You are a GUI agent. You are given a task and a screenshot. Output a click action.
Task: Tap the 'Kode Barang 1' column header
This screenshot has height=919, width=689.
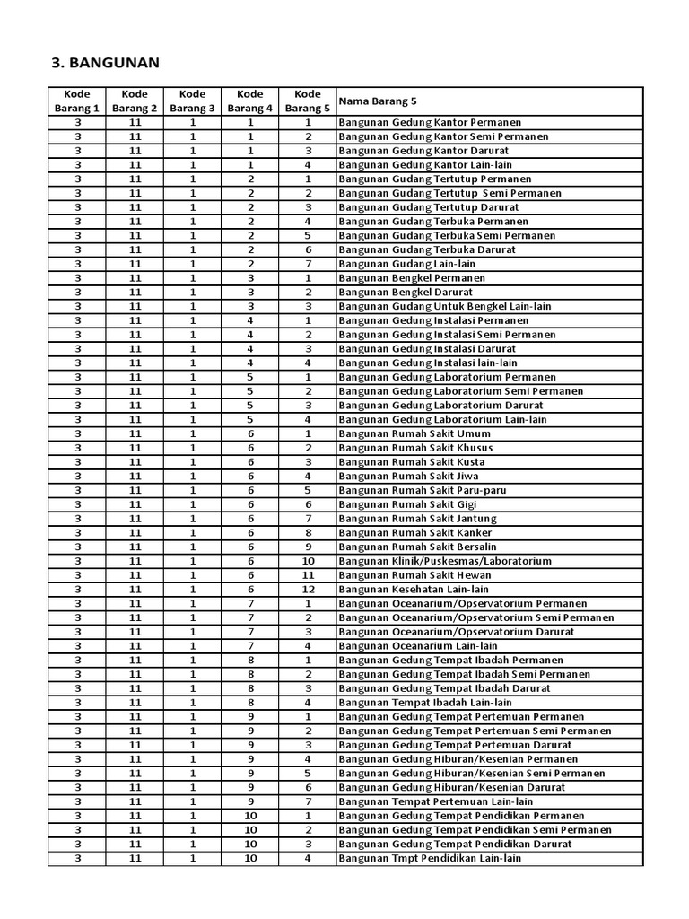[77, 101]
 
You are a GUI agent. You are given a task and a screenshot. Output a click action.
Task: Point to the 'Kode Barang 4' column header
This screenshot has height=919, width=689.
[250, 101]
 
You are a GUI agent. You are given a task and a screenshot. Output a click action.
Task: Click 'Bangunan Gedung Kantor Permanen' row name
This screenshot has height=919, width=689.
[430, 122]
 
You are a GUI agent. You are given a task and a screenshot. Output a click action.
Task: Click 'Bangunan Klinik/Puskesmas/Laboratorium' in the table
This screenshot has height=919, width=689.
[445, 561]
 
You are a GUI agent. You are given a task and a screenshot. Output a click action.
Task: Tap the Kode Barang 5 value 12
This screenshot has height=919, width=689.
[308, 590]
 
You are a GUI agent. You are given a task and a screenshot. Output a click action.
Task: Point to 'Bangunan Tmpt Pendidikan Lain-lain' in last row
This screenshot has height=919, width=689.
[430, 858]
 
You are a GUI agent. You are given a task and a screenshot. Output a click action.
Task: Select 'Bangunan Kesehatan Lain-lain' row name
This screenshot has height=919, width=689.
[414, 590]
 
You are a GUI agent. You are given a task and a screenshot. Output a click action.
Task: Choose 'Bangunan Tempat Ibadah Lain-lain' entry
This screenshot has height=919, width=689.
[425, 703]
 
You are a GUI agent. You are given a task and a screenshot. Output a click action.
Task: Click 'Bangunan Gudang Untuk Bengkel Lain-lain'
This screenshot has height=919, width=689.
[445, 306]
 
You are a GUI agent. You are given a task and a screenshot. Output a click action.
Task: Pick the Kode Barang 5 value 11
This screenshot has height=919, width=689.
[308, 575]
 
